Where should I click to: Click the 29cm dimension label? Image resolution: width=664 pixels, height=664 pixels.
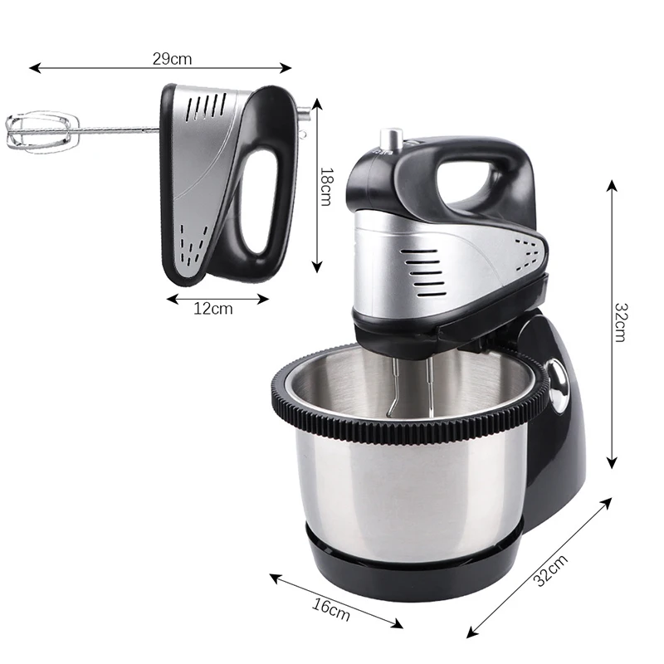click(172, 58)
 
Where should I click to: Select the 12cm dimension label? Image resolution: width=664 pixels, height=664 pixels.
click(213, 309)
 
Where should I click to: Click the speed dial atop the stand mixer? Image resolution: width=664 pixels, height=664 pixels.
click(389, 141)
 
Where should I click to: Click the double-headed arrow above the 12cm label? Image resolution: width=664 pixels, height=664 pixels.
click(218, 296)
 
